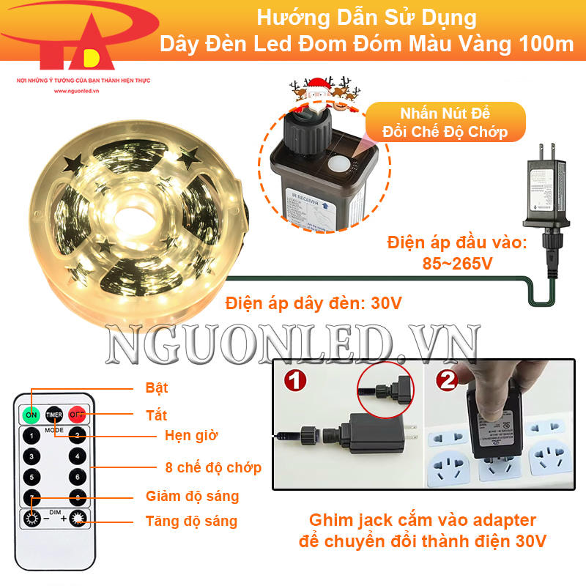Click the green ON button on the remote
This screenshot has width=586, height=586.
pos(31,415)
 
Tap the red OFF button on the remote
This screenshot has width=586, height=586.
pos(77,415)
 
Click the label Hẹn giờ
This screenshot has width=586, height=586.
pos(191,435)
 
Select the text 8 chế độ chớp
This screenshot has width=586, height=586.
pos(213,467)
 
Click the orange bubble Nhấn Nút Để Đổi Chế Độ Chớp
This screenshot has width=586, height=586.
pos(445,122)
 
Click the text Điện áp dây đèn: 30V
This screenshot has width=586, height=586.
pos(314,302)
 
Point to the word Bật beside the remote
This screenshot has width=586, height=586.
pos(157,388)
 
